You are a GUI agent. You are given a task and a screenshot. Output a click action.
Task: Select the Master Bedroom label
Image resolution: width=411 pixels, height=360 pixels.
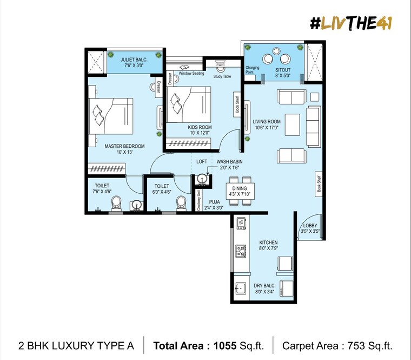click(125, 146)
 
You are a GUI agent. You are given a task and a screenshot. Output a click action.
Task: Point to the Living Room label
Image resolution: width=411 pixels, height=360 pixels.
click(266, 122)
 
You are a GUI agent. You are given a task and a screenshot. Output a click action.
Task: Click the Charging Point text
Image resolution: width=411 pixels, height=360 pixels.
click(253, 70)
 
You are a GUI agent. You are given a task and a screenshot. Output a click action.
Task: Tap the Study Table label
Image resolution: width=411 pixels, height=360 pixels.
click(222, 76)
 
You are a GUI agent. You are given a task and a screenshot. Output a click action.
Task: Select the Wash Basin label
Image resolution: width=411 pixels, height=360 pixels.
click(229, 161)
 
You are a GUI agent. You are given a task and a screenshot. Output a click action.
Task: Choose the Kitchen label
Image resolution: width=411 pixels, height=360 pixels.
click(268, 243)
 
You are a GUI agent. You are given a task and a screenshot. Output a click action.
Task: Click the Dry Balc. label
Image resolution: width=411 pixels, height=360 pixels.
click(265, 285)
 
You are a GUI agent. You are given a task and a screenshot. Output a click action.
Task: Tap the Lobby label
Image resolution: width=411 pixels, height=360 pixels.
click(310, 225)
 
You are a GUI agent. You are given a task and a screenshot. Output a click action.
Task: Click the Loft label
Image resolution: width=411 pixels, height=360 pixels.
click(202, 161)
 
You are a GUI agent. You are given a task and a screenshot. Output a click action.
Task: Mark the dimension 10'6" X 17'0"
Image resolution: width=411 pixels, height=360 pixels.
click(266, 128)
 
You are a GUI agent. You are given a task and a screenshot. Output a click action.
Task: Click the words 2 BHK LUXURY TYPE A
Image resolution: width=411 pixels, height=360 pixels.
click(76, 345)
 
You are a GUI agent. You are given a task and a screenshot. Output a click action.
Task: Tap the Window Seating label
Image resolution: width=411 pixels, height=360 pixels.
click(191, 73)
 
